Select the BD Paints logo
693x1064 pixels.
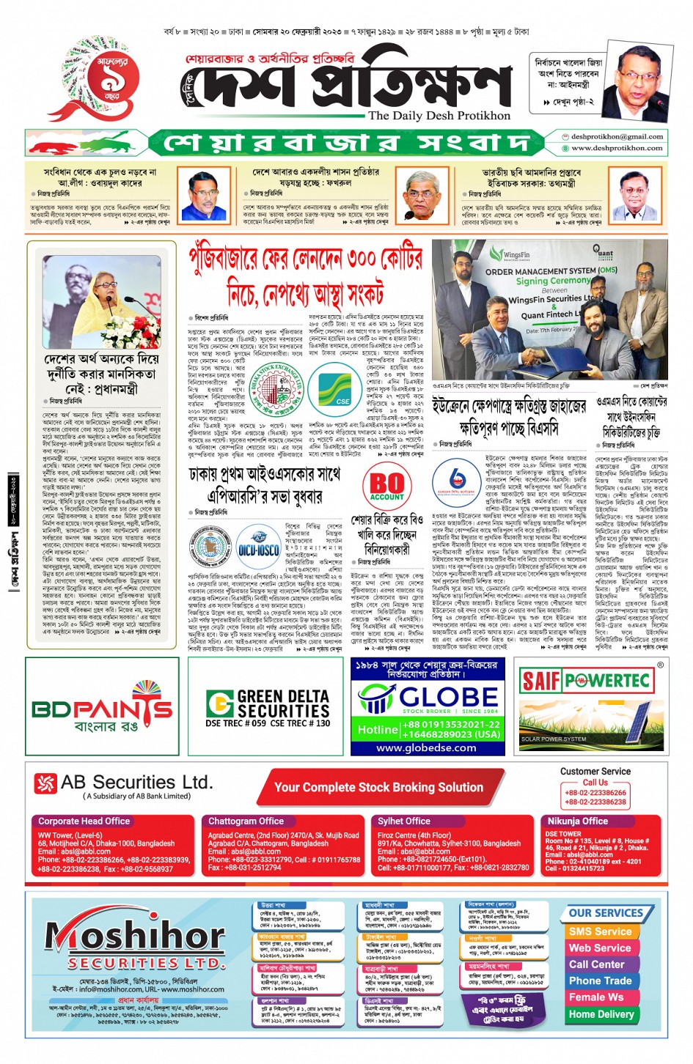click(102, 708)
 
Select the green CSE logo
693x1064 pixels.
click(334, 387)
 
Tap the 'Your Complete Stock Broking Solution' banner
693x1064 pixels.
click(378, 787)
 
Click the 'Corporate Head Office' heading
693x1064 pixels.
click(84, 821)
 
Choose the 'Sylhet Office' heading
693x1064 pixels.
click(403, 821)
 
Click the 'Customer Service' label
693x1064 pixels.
click(595, 772)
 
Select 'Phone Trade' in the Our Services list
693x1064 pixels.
click(600, 980)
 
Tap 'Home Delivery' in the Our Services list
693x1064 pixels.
click(601, 1014)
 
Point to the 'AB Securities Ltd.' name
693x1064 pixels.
click(136, 783)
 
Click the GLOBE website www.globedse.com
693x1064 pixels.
click(426, 748)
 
